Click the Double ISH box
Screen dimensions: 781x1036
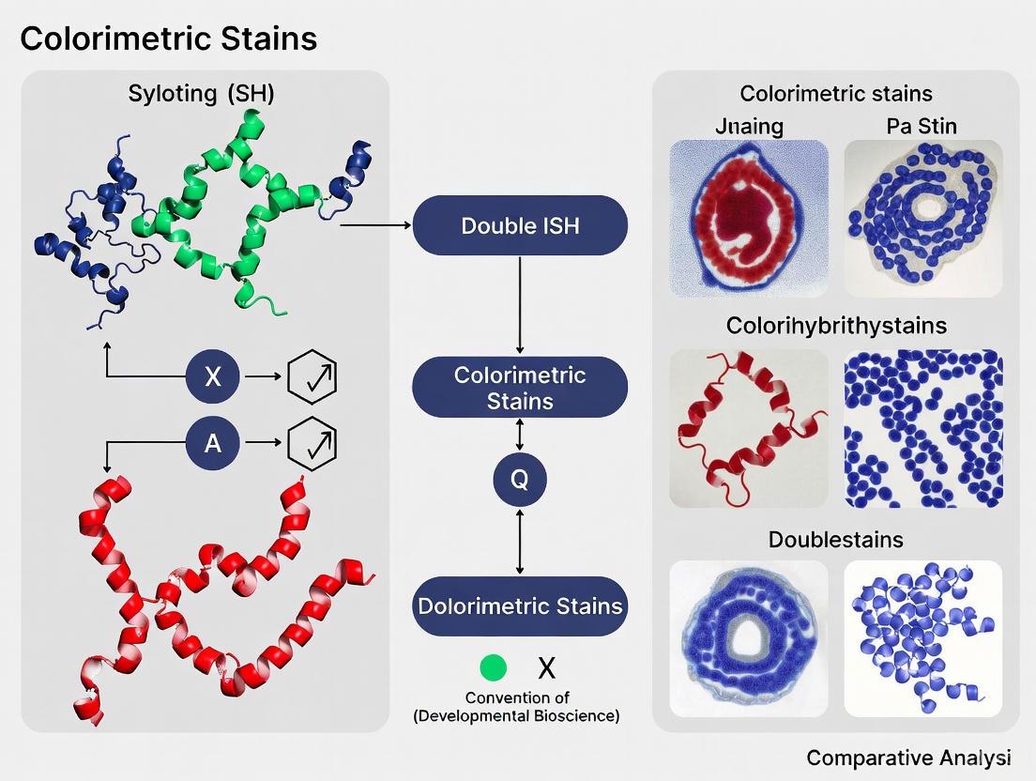[x=520, y=225]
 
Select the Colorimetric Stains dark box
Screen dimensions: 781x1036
[x=520, y=388]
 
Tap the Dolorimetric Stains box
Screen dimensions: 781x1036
[x=520, y=605]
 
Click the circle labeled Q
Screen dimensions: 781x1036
[x=520, y=480]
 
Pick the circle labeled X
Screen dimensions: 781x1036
[x=213, y=376]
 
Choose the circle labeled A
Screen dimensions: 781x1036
[x=213, y=442]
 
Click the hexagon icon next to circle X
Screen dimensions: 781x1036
[x=311, y=376]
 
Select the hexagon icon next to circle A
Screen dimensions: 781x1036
[x=311, y=442]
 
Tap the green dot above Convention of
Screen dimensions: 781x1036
[x=493, y=668]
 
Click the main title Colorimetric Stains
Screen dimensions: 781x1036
[x=169, y=38]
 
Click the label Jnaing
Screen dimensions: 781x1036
[x=748, y=125]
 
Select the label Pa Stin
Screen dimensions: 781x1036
[x=922, y=125]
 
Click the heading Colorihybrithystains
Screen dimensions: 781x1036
[x=836, y=326]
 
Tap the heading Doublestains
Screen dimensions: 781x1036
[x=836, y=540]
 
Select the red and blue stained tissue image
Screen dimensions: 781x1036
[x=749, y=219]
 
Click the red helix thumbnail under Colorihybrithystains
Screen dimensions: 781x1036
[x=749, y=428]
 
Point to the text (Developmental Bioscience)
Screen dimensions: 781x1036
[x=516, y=716]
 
